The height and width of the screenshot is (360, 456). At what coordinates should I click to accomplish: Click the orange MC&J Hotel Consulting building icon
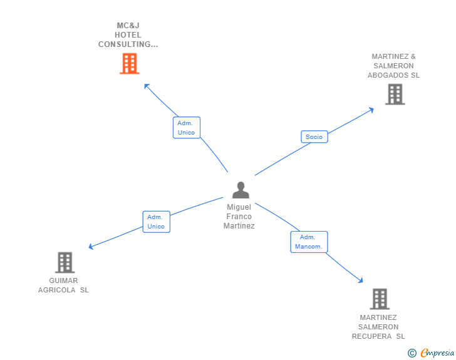pos(129,64)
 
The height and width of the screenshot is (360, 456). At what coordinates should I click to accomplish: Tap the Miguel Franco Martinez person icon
pos(241,190)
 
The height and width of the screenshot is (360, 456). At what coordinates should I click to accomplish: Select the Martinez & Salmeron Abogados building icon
pos(395,95)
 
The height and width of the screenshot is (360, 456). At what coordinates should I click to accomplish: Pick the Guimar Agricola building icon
pos(65,262)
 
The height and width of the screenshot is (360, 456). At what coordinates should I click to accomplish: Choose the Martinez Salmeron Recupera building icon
pos(380,299)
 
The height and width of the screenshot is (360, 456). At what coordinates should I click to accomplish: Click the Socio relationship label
pos(314,136)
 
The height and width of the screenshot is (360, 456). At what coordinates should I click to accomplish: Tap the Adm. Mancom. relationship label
pos(309,242)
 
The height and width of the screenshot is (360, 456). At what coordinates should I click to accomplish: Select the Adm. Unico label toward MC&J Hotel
pos(186,128)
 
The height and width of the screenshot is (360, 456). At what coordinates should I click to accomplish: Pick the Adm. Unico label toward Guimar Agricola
pos(156,222)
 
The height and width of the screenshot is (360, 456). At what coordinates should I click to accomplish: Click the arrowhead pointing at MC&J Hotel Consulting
pos(147,86)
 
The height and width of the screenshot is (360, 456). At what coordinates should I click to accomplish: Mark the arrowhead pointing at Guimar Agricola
pos(91,247)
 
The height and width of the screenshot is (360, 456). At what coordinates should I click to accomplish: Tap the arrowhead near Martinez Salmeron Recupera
pos(360,280)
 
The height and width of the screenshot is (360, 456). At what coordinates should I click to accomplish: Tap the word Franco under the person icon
pos(239,217)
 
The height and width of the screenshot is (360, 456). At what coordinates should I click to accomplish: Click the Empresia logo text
pos(437,353)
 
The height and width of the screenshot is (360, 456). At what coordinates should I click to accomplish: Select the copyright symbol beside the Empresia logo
pos(412,353)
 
